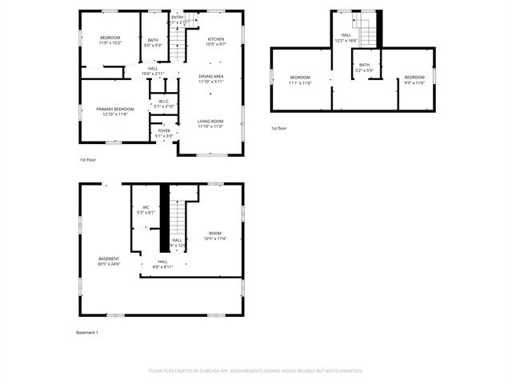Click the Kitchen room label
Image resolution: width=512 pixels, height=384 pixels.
coord(216,39)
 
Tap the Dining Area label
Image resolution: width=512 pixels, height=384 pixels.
coord(212,76)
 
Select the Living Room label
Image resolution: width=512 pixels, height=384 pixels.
coord(210,121)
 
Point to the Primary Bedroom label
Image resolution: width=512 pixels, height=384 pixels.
coord(115,109)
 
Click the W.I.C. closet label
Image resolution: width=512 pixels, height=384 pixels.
coord(163,101)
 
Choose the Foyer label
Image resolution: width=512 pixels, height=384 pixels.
coord(164,130)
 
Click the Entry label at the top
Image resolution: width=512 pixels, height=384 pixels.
coord(178,17)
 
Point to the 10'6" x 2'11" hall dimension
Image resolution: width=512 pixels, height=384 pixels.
coord(153,73)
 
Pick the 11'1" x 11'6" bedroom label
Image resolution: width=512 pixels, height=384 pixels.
coord(301,82)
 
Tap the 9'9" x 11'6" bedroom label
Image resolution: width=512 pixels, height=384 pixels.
coord(414,82)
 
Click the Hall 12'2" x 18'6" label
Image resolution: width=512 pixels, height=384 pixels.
coord(346,39)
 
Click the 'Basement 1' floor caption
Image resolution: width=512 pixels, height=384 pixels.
coord(86,332)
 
